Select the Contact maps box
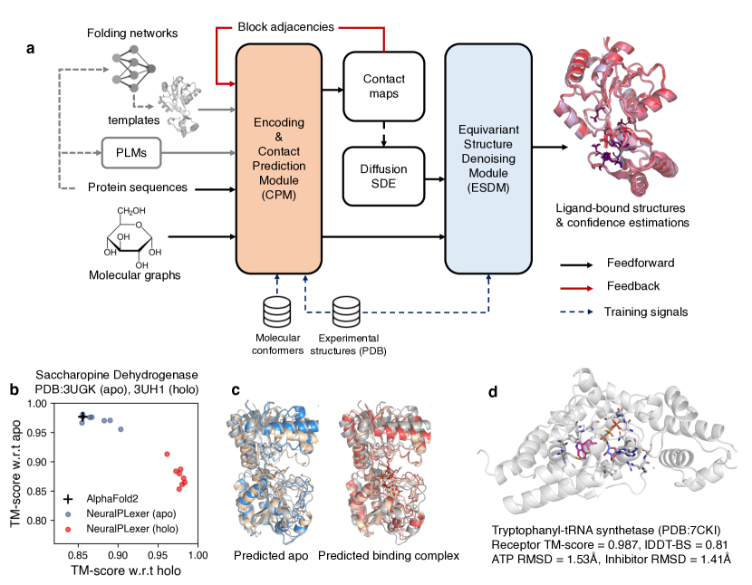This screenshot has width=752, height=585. pos(385,87)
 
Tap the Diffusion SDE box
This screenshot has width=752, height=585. pos(385,176)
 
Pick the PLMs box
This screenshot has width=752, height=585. pos(131,152)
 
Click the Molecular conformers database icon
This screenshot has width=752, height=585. pos(277,313)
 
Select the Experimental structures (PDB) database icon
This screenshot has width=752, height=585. pos(346,313)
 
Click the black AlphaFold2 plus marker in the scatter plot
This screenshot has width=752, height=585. pos(82,417)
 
